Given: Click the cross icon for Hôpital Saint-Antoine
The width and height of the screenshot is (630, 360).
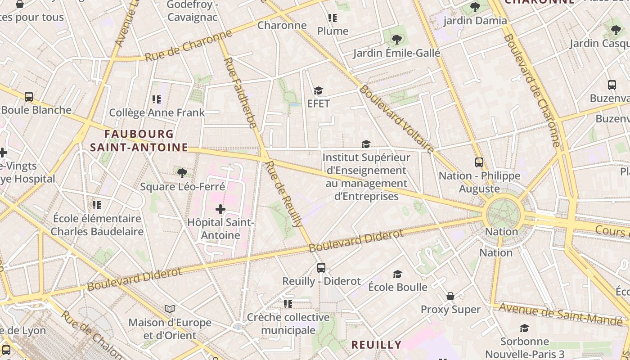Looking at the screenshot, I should (220, 209).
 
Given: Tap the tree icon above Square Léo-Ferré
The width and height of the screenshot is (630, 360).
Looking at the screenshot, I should (182, 173).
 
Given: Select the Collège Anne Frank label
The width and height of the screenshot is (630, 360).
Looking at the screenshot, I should (157, 112).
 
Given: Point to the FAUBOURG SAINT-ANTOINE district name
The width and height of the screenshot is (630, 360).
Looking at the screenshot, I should (139, 140).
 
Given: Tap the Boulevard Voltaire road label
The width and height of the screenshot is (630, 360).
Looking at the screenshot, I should (396, 119).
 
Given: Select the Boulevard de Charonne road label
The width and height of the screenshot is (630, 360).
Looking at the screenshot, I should (531, 90).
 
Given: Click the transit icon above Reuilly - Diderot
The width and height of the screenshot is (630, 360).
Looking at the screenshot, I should (321, 268).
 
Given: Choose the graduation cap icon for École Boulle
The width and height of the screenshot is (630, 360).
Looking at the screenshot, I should (397, 274).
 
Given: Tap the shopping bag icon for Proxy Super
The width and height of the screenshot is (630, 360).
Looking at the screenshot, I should (450, 296).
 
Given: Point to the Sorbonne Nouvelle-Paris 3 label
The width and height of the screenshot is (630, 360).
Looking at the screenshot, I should (525, 347).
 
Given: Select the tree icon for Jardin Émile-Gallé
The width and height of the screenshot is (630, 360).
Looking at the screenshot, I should (396, 40).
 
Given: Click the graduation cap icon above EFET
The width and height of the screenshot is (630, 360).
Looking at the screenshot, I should (318, 91).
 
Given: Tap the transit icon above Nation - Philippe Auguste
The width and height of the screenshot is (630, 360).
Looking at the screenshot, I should (479, 162).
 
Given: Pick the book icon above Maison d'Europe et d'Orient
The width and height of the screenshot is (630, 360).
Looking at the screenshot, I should (170, 309).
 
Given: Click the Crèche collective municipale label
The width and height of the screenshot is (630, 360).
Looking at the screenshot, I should (288, 324).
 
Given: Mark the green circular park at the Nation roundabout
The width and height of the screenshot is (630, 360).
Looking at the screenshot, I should (504, 214).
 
